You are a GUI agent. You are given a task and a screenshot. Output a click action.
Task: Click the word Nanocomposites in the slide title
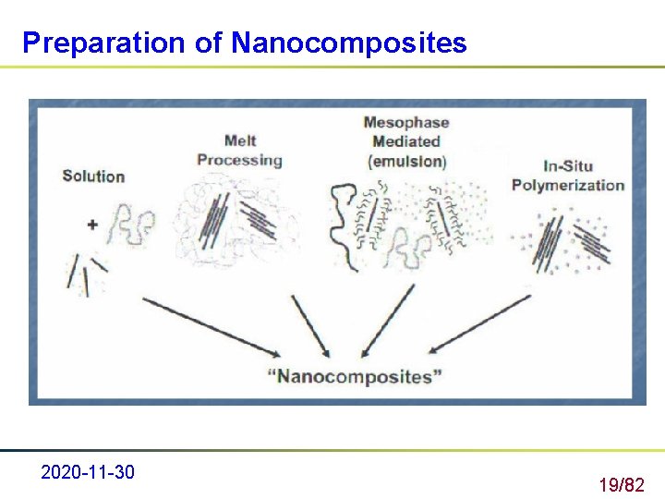(349, 43)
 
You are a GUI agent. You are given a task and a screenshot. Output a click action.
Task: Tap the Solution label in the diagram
(93, 176)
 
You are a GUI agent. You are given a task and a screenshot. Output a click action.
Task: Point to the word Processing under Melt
(239, 160)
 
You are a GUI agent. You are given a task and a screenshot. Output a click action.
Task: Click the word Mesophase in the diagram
(405, 122)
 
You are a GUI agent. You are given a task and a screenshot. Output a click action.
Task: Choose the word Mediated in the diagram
(405, 141)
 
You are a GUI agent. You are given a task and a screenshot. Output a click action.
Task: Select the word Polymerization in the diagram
(568, 185)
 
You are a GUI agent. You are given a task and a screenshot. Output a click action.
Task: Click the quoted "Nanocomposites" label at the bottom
(354, 377)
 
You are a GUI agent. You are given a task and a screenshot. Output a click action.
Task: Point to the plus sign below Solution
(93, 224)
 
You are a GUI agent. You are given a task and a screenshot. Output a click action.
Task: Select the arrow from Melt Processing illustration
(310, 325)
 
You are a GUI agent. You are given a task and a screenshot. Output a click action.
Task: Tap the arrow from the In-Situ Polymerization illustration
(480, 323)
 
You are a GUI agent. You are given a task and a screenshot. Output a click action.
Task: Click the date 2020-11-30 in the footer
(88, 473)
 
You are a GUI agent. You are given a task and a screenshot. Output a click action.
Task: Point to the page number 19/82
(621, 484)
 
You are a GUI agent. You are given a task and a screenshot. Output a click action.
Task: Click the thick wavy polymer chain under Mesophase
(345, 214)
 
